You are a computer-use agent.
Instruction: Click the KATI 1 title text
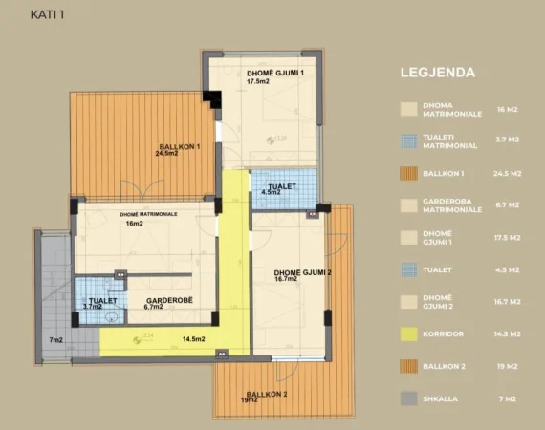48,14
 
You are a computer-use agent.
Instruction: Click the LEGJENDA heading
444,72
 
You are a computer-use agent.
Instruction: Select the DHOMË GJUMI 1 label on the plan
274,74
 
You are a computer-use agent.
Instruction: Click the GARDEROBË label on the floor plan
155,298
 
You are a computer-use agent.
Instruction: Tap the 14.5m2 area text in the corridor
194,339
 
